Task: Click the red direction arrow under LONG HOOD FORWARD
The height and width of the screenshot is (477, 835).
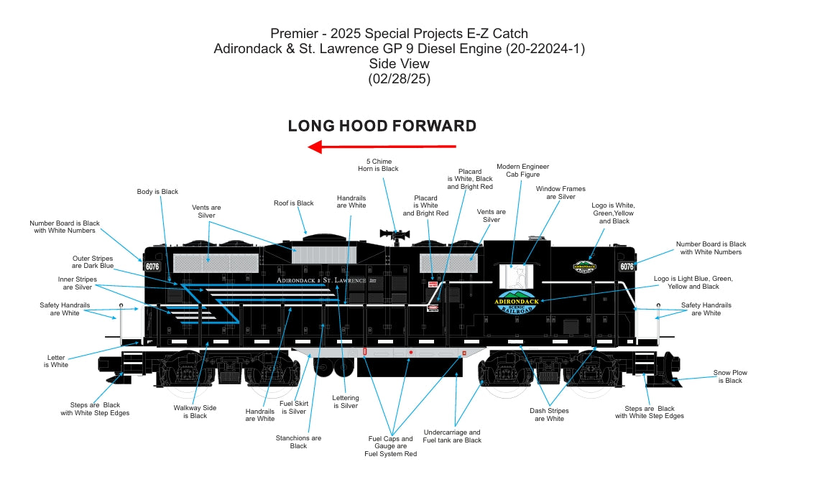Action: (382, 147)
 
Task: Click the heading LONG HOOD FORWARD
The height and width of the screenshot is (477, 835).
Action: (382, 126)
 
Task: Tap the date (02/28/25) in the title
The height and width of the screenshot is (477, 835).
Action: (399, 79)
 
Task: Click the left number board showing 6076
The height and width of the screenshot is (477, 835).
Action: (152, 267)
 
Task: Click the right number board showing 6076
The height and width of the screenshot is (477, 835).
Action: (627, 267)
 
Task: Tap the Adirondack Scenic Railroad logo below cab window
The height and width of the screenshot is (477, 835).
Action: (517, 302)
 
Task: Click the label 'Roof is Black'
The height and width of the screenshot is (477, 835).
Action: (294, 203)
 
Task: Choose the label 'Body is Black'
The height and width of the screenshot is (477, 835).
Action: (157, 192)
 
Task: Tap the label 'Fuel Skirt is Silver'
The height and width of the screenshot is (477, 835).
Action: (292, 407)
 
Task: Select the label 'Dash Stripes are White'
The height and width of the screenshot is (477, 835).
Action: (550, 415)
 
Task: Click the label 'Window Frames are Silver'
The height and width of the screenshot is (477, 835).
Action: (560, 193)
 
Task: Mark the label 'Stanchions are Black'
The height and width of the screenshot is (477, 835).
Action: (298, 442)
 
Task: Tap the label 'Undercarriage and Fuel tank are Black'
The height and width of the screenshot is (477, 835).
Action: (452, 436)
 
